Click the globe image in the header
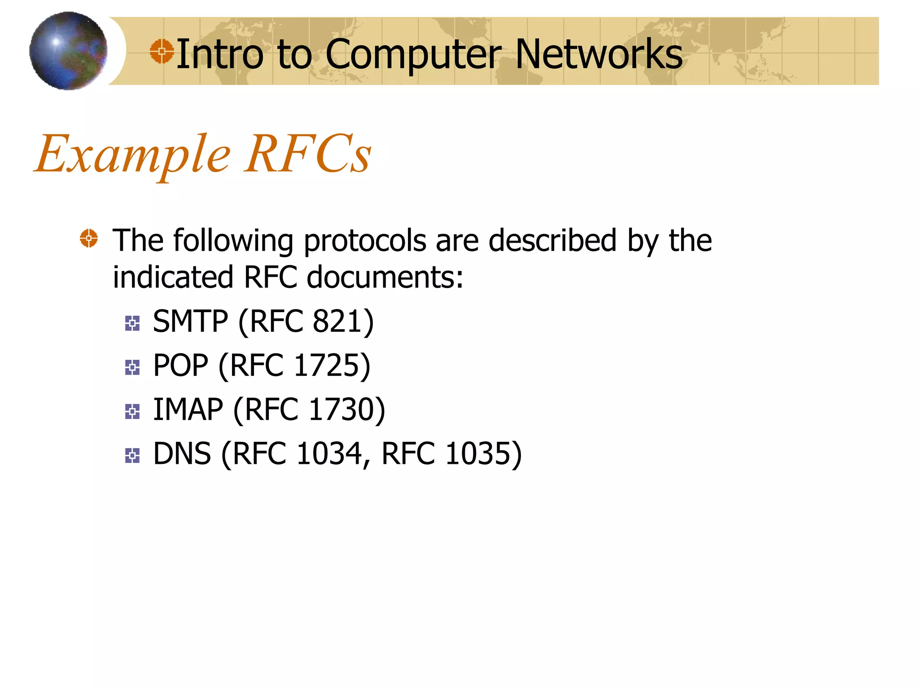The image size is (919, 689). pos(68,51)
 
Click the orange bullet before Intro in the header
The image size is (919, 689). pos(162,51)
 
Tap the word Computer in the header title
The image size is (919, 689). pos(413,55)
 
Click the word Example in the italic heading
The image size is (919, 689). pos(133,155)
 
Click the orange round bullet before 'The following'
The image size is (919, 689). pos(89,238)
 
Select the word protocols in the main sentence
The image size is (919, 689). pos(365,241)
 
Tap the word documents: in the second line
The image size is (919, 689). pos(385,277)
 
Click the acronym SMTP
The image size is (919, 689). pos(190,322)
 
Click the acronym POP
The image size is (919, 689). pos(180,366)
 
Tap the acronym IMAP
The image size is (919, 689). pos(188,410)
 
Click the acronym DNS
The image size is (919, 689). pos(182,454)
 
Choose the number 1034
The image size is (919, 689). pos(329,454)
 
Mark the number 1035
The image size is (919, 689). pos(478,454)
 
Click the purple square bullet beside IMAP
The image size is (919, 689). pos(132,411)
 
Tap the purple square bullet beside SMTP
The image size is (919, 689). pos(132,323)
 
